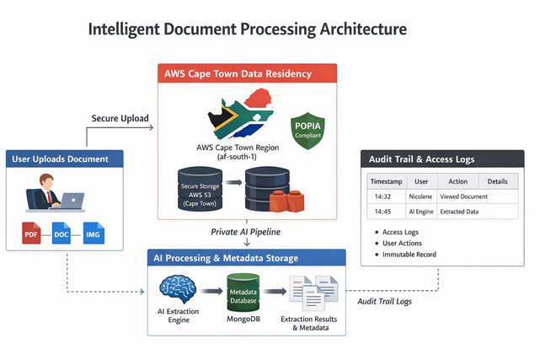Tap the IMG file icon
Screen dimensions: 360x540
coord(93,233)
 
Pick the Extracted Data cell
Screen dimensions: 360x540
coord(458,211)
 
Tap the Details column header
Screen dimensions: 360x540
coord(497,181)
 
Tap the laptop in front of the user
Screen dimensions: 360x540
coord(72,201)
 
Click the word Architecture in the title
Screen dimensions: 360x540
coord(350,30)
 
